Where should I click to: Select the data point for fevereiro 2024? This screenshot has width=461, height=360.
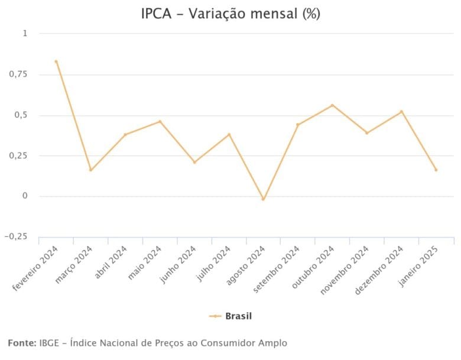pos(56,61)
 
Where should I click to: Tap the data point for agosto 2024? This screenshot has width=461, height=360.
pos(264,199)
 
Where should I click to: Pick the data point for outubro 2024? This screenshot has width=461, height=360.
pos(332,105)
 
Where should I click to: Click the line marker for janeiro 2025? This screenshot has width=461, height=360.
pos(436,170)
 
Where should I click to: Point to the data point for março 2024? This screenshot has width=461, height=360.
pos(90,170)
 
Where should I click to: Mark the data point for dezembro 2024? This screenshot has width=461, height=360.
pos(401,112)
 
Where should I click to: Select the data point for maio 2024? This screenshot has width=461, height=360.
pos(160,122)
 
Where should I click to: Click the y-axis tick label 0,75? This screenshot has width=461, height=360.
pos(17,74)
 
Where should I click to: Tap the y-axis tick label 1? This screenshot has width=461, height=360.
pos(25,34)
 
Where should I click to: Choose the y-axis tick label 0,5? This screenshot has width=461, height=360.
pos(20,115)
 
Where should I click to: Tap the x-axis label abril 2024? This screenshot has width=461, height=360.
pos(110,261)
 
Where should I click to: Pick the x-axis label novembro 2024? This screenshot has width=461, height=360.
pos(349,267)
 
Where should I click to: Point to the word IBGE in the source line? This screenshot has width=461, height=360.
pos(50,343)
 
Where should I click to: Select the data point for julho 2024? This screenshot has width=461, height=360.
pos(229,134)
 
